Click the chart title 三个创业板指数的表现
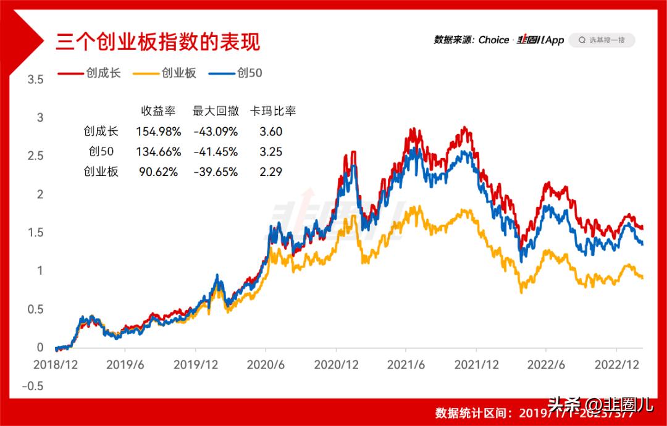coord(158,41)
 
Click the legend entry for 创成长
coord(90,73)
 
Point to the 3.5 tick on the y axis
coord(35,79)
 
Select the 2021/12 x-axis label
coord(477,365)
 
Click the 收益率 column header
coord(159,111)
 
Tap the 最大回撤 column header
coord(216,111)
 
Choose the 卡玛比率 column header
coord(272,111)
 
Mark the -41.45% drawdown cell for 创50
coord(216,152)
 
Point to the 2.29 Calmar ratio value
coord(271,172)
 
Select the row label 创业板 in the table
coord(101,172)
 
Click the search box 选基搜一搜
coord(602,40)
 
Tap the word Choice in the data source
coord(493,40)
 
